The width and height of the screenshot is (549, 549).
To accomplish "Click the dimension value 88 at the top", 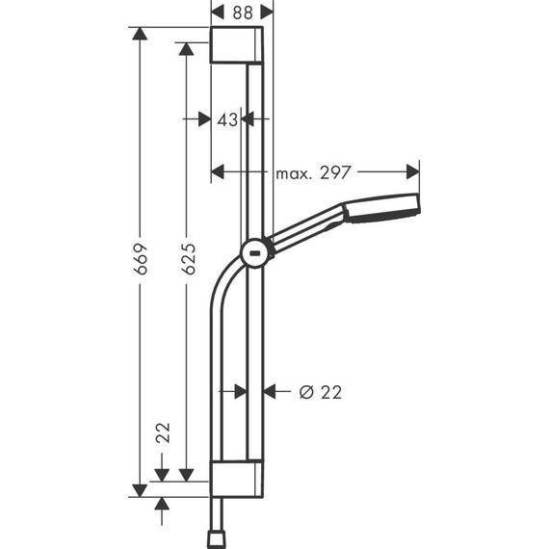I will pos(242,13).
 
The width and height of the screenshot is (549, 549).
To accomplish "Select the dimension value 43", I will pos(227,119).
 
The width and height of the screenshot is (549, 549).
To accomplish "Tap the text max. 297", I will pos(312,173).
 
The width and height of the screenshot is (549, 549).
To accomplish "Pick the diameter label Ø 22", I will pos(320,392).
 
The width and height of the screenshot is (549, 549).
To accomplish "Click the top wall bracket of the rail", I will pos(236,45).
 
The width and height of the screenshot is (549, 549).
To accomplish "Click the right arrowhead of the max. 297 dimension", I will pos(413,172).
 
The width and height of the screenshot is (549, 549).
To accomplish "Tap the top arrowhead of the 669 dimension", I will pos(141,35).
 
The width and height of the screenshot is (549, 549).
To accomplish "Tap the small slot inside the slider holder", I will pos(255,256).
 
